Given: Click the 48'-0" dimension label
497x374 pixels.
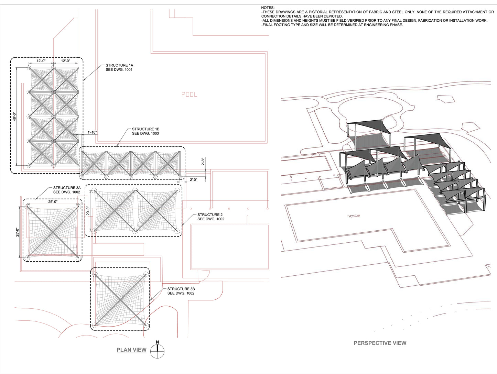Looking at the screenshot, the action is coord(15,117).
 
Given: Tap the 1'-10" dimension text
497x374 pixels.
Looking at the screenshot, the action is coord(92,132).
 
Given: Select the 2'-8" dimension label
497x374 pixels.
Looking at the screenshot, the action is coord(203,162).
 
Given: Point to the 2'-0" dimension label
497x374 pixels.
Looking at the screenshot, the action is coord(193,180).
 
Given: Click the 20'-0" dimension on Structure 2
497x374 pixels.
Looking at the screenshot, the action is coord(88,211).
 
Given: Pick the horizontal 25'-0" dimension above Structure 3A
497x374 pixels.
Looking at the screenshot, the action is coord(53,201).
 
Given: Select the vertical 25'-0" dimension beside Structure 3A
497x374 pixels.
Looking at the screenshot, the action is coord(18,232).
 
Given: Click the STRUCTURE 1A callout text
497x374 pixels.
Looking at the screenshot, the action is coord(119,65).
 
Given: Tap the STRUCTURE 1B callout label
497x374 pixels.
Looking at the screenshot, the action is coord(145,129).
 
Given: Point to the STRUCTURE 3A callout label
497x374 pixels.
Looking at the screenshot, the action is coord(67,188).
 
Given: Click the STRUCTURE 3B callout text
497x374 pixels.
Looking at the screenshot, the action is coord(181,289).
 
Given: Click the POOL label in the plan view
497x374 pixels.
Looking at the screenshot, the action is coord(189,94).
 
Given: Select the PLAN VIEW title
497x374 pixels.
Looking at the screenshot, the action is coord(131,350).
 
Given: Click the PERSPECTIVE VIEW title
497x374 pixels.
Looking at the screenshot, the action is coord(380,343).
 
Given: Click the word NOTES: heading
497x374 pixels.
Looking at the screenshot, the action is coord(268,8).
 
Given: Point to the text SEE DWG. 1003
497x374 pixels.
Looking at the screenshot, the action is coord(145,133).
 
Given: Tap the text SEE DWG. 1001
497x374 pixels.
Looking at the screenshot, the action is coord(119,70).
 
